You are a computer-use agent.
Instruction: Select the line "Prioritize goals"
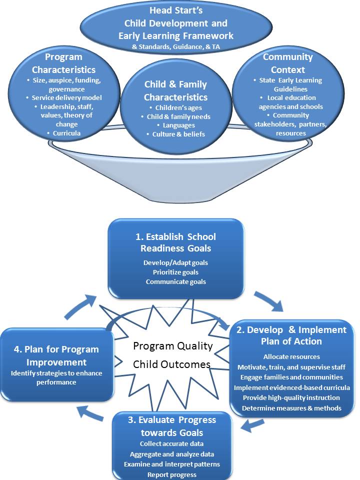pyautogui.click(x=175, y=272)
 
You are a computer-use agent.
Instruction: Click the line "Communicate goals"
pyautogui.click(x=175, y=281)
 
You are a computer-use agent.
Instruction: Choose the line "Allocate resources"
pyautogui.click(x=292, y=356)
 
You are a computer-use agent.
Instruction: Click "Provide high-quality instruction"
pyautogui.click(x=292, y=397)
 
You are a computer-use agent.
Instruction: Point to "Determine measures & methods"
pyautogui.click(x=292, y=408)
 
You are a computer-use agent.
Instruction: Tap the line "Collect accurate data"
pyautogui.click(x=171, y=443)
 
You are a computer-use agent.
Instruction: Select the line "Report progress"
pyautogui.click(x=171, y=474)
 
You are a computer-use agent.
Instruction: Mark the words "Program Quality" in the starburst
pyautogui.click(x=173, y=346)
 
